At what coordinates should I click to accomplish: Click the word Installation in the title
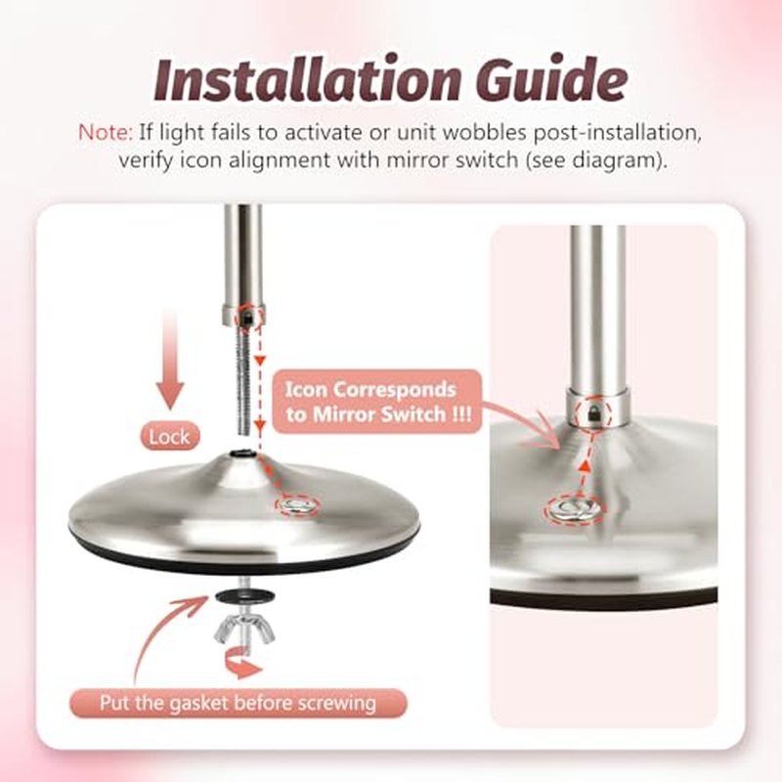click(306, 80)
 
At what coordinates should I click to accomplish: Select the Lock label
click(169, 437)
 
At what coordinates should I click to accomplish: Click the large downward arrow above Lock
click(170, 359)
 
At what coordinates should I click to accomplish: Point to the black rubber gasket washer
click(243, 595)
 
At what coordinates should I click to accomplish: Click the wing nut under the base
click(244, 630)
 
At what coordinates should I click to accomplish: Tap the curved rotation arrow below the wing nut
click(243, 664)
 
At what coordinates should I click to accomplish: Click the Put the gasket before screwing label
click(238, 704)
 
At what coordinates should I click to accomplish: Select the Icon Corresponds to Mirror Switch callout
click(377, 402)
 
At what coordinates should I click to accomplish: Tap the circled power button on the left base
click(298, 505)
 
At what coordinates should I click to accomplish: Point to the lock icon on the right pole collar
click(593, 412)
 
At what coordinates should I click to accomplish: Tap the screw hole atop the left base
click(243, 454)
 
